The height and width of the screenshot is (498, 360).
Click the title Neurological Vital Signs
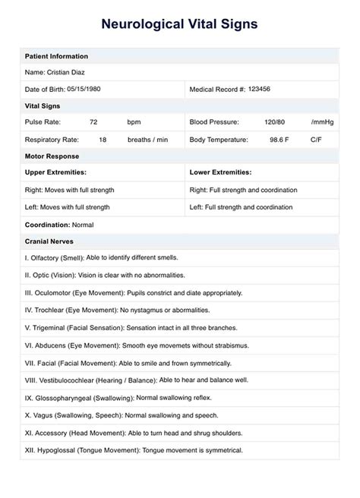(x=179, y=24)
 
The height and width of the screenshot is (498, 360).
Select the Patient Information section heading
(x=56, y=56)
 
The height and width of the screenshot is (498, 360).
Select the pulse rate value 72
(x=93, y=122)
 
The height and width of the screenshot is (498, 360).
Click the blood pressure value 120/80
(x=275, y=122)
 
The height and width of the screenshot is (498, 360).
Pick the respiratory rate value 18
(x=103, y=140)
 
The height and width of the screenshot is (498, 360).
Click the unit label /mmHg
(x=322, y=122)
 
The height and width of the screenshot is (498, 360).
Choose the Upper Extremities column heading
(x=55, y=173)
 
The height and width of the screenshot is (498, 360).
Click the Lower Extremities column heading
(x=220, y=173)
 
